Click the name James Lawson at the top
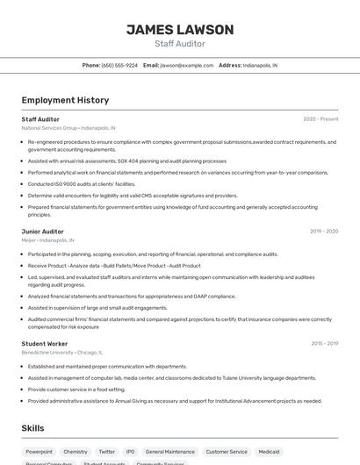click(x=180, y=30)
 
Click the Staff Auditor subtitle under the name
click(x=180, y=44)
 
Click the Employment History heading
click(x=65, y=100)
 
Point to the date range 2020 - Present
click(x=320, y=119)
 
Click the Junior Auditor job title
click(x=42, y=232)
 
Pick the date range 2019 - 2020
click(x=324, y=232)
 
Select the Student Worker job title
click(x=45, y=344)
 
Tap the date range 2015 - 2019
click(x=324, y=344)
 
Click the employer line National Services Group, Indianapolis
click(x=68, y=128)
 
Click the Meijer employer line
click(x=47, y=240)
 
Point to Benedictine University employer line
click(x=61, y=353)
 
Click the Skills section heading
click(x=33, y=428)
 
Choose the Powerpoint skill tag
click(x=39, y=452)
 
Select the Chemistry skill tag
click(x=76, y=452)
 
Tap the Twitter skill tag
click(x=107, y=452)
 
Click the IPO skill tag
click(x=130, y=452)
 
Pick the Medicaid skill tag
click(x=269, y=452)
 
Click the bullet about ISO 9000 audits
click(x=82, y=184)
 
